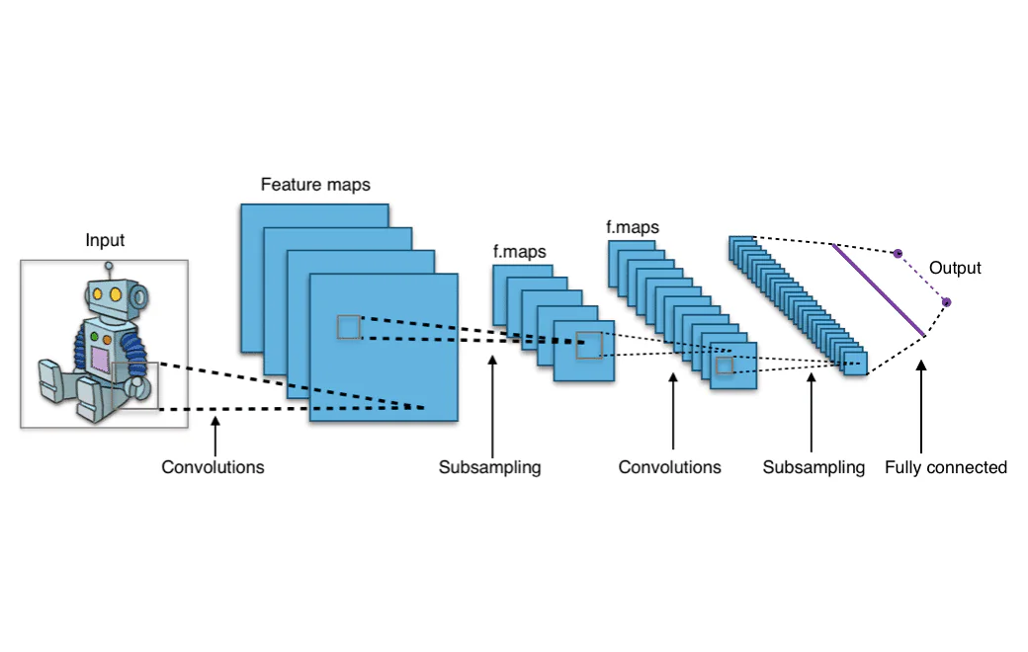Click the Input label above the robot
click(x=105, y=240)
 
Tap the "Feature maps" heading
click(x=315, y=185)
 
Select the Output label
click(x=955, y=268)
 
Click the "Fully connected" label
click(x=945, y=467)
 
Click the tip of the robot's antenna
click(x=109, y=265)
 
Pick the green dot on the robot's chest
click(x=95, y=337)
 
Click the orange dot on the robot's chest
click(x=107, y=337)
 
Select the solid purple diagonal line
click(x=879, y=289)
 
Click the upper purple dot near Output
click(x=898, y=254)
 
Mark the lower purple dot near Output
click(x=946, y=302)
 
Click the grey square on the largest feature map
click(x=349, y=327)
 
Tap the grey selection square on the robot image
click(x=134, y=384)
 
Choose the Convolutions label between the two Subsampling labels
click(x=669, y=467)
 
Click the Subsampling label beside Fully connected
click(x=814, y=467)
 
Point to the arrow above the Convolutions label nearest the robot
click(x=214, y=435)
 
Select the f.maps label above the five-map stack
click(x=519, y=252)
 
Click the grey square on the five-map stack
click(x=589, y=345)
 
